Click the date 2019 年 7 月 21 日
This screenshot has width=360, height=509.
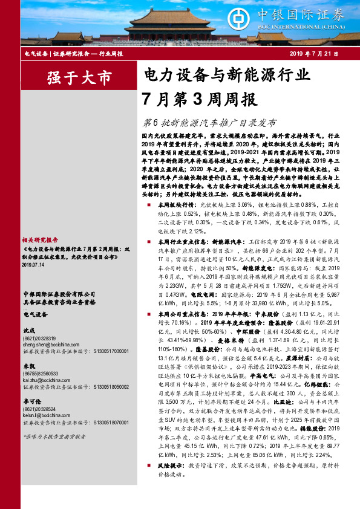313,54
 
